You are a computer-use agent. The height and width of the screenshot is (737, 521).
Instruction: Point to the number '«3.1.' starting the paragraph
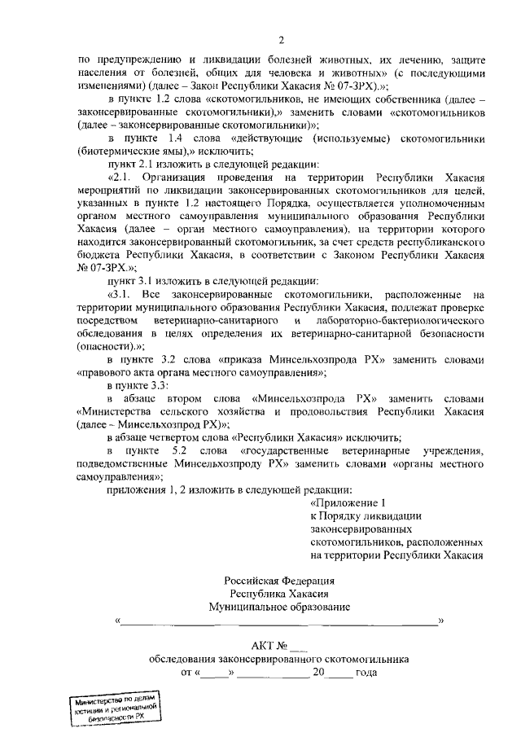pos(122,293)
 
